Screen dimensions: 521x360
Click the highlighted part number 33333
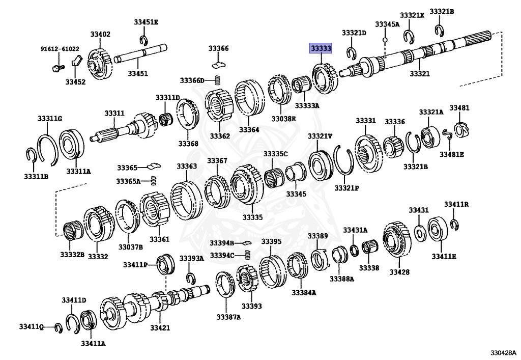pyautogui.click(x=321, y=48)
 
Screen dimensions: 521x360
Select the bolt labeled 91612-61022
pyautogui.click(x=57, y=66)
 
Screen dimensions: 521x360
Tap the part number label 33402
pyautogui.click(x=100, y=35)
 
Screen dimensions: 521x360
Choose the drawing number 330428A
pyautogui.click(x=503, y=352)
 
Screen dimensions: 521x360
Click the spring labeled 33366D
pyautogui.click(x=217, y=80)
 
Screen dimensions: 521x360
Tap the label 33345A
pyautogui.click(x=387, y=24)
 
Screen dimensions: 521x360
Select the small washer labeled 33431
pyautogui.click(x=420, y=232)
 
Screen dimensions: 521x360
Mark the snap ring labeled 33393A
pyautogui.click(x=191, y=277)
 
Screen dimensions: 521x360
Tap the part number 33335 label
pyautogui.click(x=252, y=217)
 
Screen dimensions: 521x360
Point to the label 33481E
pyautogui.click(x=452, y=154)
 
